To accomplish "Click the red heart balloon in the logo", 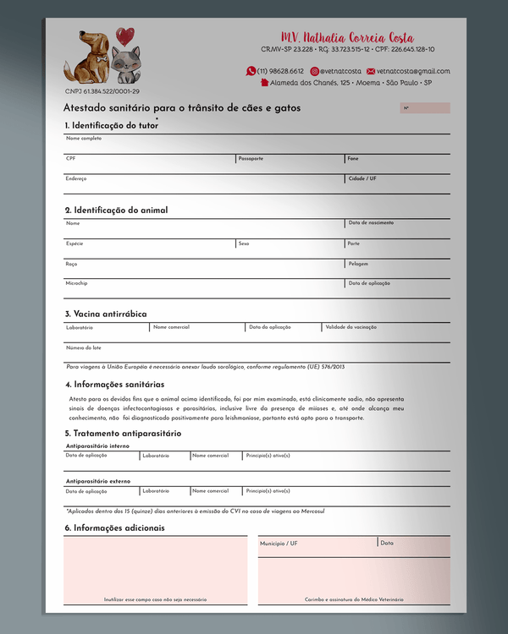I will click(124, 36).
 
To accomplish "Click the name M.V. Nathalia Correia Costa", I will click(347, 37).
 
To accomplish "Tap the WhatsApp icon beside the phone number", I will click(251, 71).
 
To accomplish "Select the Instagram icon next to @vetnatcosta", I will click(315, 71).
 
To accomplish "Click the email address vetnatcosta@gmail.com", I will click(413, 71).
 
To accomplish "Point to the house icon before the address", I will click(264, 83).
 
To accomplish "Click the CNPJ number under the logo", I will click(102, 91).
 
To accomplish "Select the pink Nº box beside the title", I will click(424, 108).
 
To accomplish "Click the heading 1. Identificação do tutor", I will click(111, 125).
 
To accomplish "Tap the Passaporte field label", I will click(251, 158).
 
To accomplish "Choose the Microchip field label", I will click(76, 283).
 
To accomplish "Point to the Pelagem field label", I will click(358, 263).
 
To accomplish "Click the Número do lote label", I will click(84, 347).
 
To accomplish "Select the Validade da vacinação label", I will click(351, 326).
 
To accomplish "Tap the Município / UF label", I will click(279, 544).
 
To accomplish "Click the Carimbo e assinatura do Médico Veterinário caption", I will click(354, 599).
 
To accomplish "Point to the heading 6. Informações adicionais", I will click(114, 527).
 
